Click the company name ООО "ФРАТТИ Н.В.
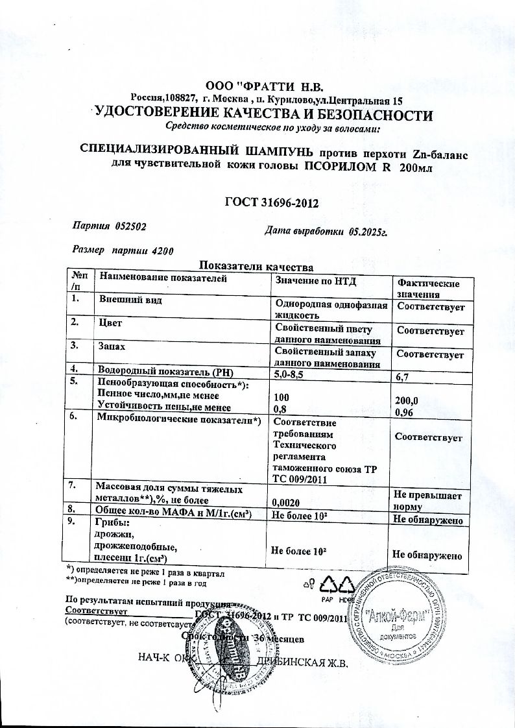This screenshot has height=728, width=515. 263,86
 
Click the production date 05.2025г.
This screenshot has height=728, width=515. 368,232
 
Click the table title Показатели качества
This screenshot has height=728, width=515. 256,266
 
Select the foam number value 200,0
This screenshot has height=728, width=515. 406,400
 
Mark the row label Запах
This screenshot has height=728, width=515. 112,347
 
